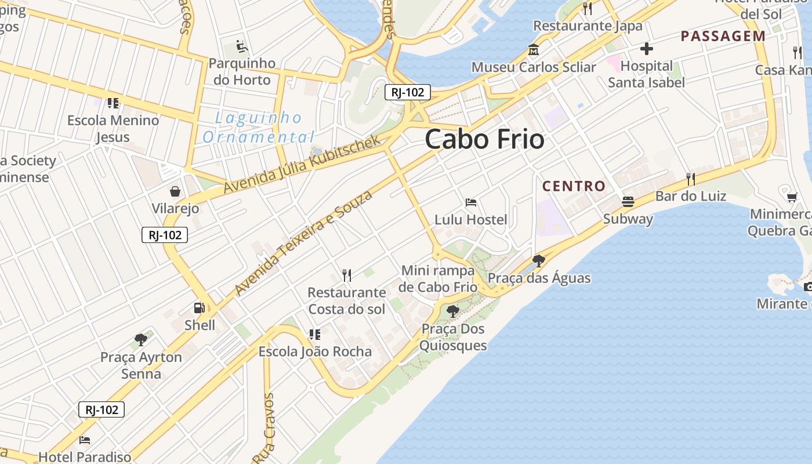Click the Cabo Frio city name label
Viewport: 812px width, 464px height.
(x=484, y=139)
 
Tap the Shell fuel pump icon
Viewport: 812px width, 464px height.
(x=199, y=308)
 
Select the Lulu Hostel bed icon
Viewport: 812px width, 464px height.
(x=471, y=202)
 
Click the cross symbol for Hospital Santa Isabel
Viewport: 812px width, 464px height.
(x=646, y=49)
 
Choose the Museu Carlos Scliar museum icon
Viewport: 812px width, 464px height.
(x=533, y=50)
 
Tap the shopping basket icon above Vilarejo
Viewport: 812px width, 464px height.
(x=175, y=191)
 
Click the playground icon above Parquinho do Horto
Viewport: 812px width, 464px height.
(x=242, y=46)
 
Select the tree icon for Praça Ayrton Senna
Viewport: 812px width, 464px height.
(x=140, y=340)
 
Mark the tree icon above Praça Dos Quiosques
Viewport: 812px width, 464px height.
(x=453, y=311)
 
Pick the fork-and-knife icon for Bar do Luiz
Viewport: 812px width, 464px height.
(x=690, y=179)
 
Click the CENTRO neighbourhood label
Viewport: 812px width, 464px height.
(x=574, y=186)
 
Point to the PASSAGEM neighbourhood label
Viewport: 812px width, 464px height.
(x=723, y=36)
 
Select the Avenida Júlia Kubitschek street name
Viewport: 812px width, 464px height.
(x=302, y=165)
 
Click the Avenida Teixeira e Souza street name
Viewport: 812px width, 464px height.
(x=303, y=243)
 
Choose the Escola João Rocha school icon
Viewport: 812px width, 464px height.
(x=315, y=334)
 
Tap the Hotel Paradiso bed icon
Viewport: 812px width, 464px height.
(x=85, y=440)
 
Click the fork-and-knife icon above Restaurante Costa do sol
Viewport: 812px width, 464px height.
(x=347, y=275)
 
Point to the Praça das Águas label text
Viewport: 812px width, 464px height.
(x=539, y=278)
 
